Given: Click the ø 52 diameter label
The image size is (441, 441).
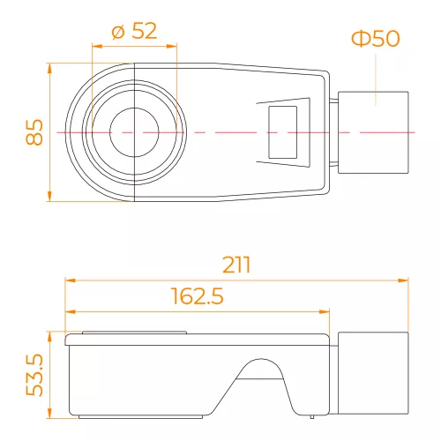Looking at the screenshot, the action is pyautogui.click(x=134, y=31).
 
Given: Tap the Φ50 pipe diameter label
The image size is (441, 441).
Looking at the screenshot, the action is pyautogui.click(x=376, y=38).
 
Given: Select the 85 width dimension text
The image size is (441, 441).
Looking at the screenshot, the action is pyautogui.click(x=34, y=132).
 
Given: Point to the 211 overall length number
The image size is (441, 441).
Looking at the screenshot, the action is pyautogui.click(x=236, y=265).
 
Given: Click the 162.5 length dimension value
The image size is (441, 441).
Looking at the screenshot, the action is pyautogui.click(x=197, y=295).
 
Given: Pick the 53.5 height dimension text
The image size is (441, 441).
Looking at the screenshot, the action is pyautogui.click(x=34, y=375).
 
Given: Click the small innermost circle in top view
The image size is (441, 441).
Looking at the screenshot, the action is pyautogui.click(x=134, y=132).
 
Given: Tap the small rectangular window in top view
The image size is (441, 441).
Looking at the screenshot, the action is pyautogui.click(x=282, y=132).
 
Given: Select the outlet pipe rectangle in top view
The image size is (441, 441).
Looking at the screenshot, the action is pyautogui.click(x=373, y=132).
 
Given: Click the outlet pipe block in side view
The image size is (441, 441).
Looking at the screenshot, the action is pyautogui.click(x=373, y=373).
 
